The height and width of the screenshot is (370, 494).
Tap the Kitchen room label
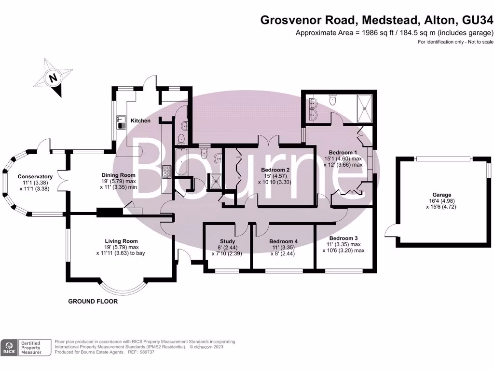(x=140, y=120)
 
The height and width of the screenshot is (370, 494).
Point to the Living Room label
(x=121, y=241)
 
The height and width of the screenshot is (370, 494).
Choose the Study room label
(x=227, y=241)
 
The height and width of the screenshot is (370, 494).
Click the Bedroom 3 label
(x=343, y=238)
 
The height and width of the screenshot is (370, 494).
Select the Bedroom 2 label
(x=275, y=170)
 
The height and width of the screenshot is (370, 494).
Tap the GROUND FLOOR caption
(x=93, y=302)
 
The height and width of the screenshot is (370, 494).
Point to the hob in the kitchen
(x=167, y=172)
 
